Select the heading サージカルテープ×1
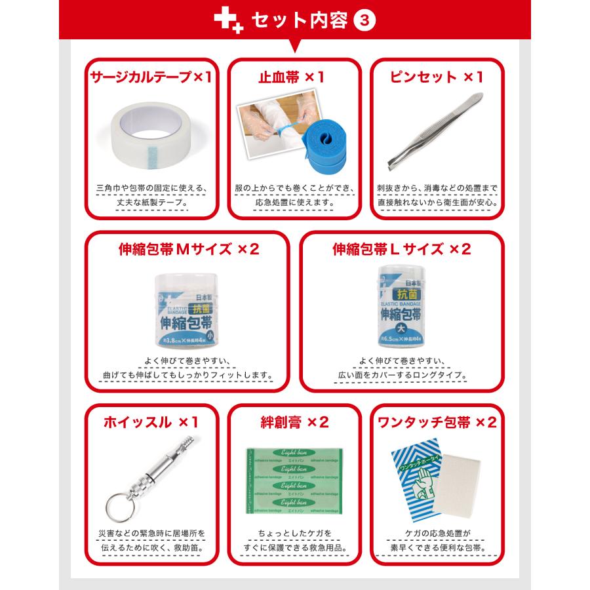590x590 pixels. tap(151, 77)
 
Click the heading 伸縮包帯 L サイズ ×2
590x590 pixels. tap(402, 250)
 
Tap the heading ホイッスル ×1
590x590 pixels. tap(151, 422)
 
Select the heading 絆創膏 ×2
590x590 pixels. tap(294, 422)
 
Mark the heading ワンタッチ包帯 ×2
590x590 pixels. tap(438, 422)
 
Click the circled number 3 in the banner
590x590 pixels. tap(364, 20)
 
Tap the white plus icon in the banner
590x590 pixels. tap(226, 20)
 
